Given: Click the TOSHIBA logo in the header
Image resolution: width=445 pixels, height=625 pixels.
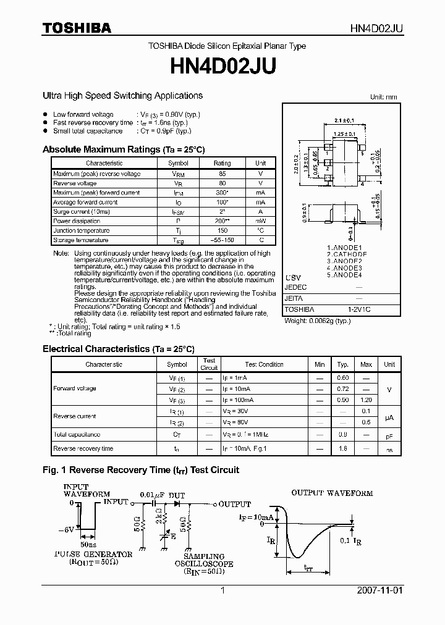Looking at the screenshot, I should pyautogui.click(x=77, y=28).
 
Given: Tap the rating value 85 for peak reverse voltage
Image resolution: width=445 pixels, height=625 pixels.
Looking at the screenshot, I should pyautogui.click(x=222, y=174).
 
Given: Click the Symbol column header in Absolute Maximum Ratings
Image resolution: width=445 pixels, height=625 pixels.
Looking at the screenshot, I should pyautogui.click(x=179, y=163).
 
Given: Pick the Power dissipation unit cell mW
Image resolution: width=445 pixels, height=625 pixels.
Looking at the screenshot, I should pyautogui.click(x=261, y=221).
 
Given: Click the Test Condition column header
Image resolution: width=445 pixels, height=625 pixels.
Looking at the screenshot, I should pyautogui.click(x=264, y=364).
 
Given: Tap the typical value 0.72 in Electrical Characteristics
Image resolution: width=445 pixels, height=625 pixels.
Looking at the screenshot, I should pyautogui.click(x=343, y=389).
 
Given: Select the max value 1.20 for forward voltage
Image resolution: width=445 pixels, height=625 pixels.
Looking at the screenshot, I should pyautogui.click(x=366, y=400).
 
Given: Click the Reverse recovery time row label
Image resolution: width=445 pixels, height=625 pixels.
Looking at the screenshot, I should pyautogui.click(x=83, y=448).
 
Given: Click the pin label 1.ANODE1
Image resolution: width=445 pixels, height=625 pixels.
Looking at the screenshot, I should pyautogui.click(x=344, y=248).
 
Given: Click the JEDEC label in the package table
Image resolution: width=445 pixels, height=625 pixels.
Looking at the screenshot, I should pyautogui.click(x=295, y=287).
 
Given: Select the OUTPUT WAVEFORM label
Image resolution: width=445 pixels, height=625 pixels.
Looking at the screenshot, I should pyautogui.click(x=332, y=493).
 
